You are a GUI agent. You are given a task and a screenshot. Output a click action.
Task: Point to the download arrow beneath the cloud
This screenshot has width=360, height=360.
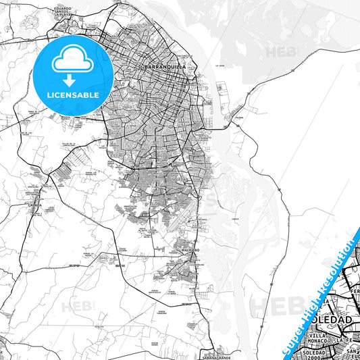[70, 80]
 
